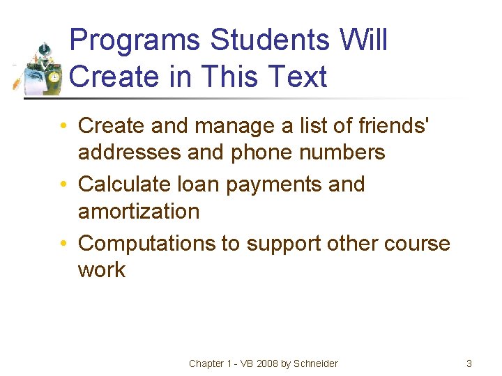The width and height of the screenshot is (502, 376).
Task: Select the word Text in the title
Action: tap(296, 76)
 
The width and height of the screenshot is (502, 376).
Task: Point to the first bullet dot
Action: tap(63, 126)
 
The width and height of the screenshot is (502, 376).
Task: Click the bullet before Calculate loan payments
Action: tap(63, 185)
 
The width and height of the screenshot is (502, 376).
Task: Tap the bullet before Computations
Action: tap(63, 244)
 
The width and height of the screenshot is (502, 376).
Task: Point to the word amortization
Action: tap(139, 211)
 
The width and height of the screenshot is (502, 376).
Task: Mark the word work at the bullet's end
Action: tap(102, 270)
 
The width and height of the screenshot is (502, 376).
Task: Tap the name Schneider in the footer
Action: tap(316, 363)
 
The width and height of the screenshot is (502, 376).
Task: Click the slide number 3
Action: tap(469, 363)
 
